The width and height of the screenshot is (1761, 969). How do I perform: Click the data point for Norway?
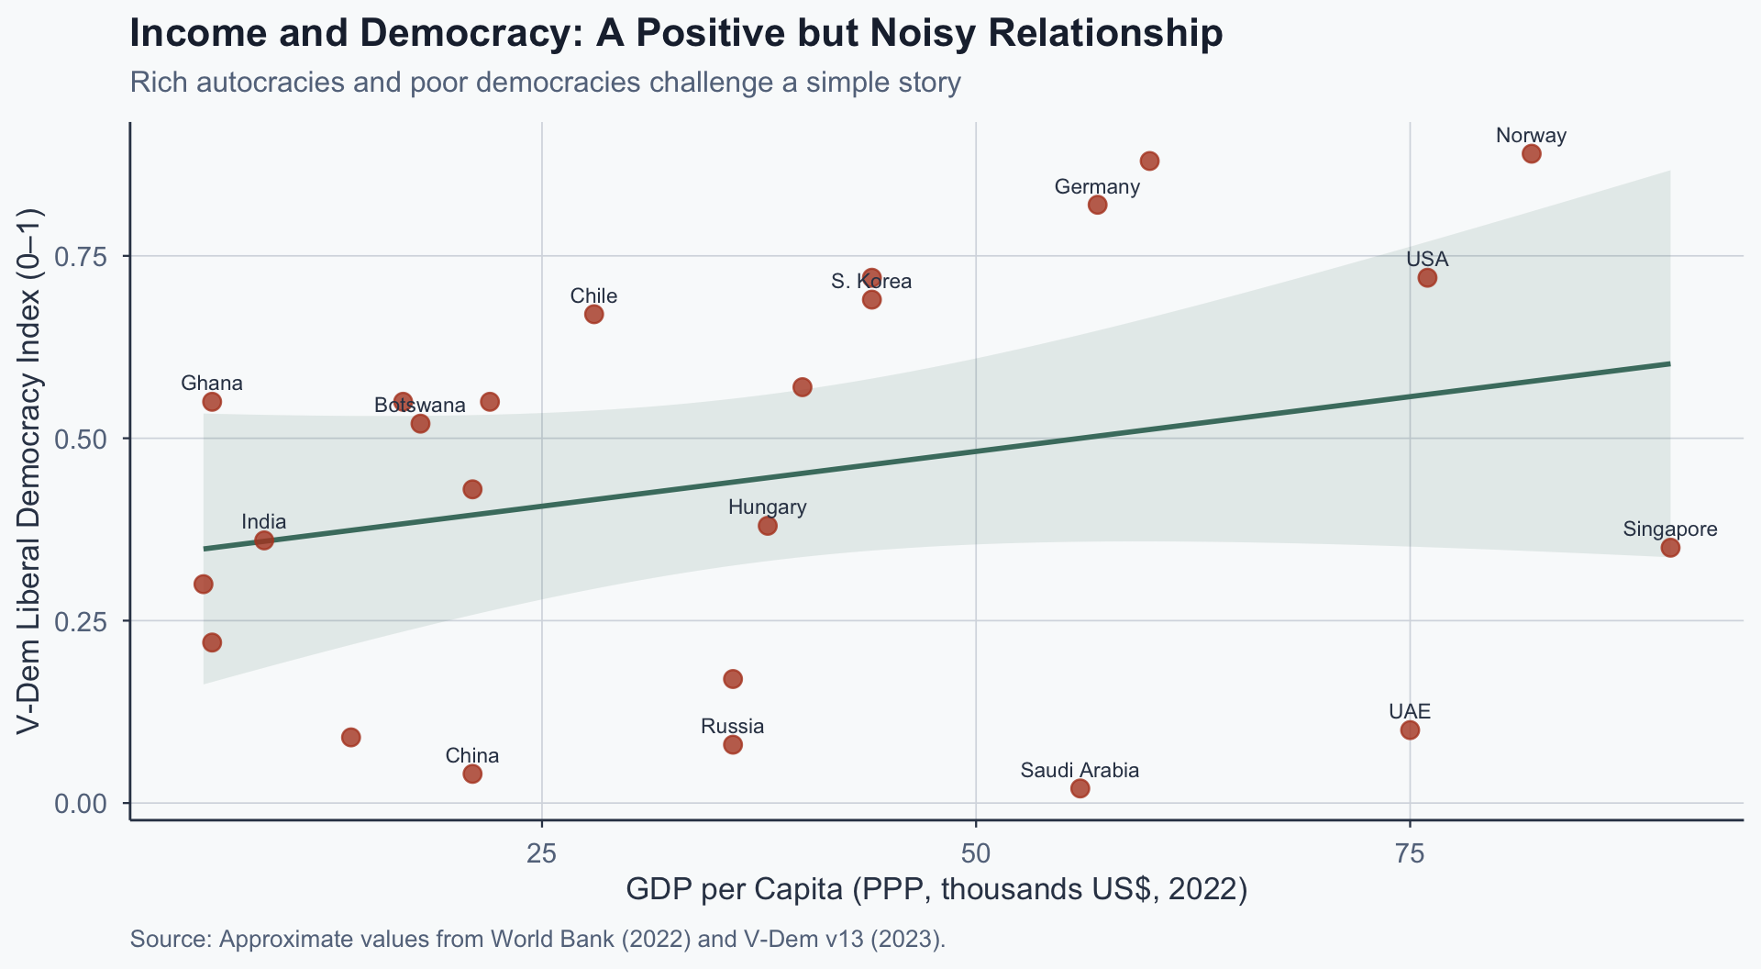(x=1531, y=153)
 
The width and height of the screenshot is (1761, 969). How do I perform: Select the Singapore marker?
(x=1670, y=548)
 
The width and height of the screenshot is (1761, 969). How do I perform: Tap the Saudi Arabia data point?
(x=1080, y=788)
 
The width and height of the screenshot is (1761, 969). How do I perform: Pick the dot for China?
(x=472, y=774)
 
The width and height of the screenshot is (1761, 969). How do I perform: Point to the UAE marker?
(x=1410, y=730)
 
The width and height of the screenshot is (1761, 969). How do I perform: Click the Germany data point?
(x=1097, y=205)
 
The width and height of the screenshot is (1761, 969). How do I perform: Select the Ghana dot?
(x=212, y=402)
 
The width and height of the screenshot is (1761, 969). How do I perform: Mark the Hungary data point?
(x=768, y=526)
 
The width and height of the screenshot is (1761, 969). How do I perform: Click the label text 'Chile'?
(x=593, y=296)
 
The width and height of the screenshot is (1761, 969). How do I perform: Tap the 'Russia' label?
(x=732, y=727)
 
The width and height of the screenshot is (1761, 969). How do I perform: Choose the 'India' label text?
(x=264, y=522)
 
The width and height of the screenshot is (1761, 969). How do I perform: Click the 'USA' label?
(x=1427, y=260)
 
